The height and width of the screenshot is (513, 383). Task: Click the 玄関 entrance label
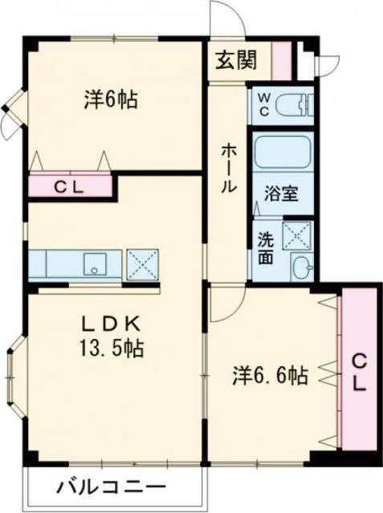(x=236, y=59)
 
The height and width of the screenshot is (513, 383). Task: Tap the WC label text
(x=264, y=104)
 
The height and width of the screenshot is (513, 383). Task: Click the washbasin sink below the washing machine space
(x=300, y=267)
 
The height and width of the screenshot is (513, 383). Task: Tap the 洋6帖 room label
(x=111, y=100)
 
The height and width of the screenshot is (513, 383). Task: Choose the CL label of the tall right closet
(x=358, y=372)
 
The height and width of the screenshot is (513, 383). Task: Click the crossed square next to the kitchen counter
(x=142, y=264)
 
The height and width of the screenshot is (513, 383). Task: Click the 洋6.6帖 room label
(x=271, y=375)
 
